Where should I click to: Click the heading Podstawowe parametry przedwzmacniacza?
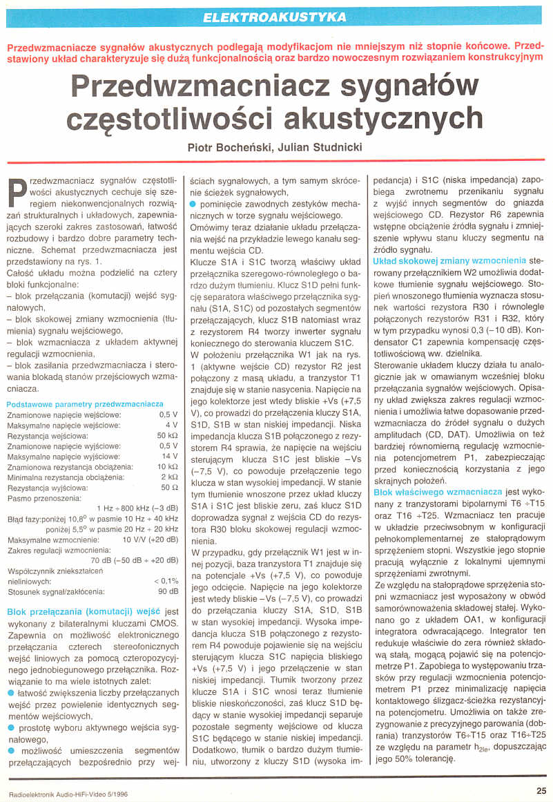[84, 403]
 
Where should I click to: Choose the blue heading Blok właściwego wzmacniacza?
[438, 491]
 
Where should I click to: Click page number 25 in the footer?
[541, 792]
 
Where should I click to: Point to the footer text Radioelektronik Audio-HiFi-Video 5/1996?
[69, 793]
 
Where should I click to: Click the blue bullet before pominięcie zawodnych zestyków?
[193, 205]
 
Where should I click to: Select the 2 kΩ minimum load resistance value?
[168, 477]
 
